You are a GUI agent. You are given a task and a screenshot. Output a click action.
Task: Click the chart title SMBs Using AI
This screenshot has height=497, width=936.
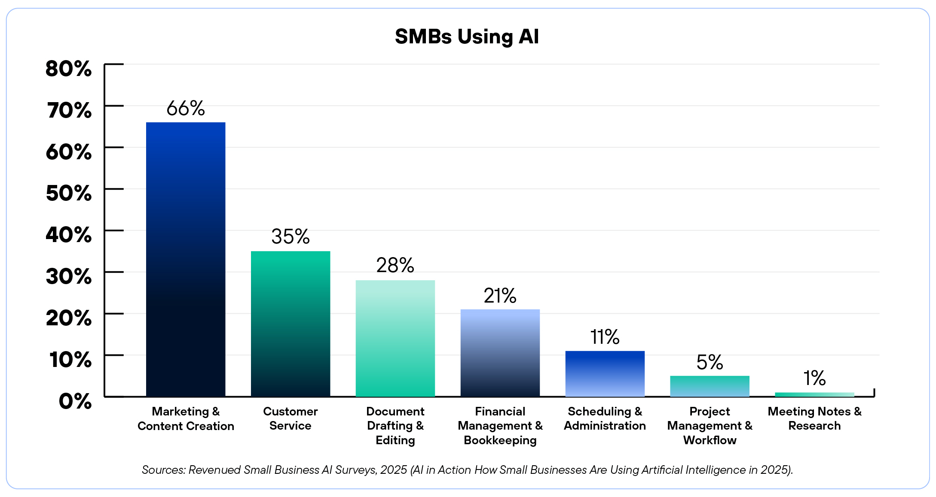(x=467, y=36)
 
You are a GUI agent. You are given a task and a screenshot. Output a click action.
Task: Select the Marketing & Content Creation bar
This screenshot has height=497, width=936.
(x=186, y=259)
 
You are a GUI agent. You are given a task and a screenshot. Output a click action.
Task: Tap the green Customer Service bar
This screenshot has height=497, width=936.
(x=291, y=324)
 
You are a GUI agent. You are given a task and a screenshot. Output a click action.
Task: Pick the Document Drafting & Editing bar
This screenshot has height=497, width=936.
(x=395, y=338)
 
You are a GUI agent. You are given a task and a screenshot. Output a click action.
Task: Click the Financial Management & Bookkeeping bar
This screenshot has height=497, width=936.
(x=500, y=353)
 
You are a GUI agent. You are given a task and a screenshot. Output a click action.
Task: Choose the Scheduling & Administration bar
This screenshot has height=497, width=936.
(x=605, y=373)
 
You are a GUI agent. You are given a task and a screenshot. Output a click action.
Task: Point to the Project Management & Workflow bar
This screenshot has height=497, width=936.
(x=710, y=386)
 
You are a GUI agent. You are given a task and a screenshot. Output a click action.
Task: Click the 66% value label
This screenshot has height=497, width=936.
(x=186, y=108)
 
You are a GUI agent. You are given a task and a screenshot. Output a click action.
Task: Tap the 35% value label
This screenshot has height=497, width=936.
(x=291, y=236)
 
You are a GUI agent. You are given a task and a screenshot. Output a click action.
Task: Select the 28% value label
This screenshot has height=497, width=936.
(x=395, y=265)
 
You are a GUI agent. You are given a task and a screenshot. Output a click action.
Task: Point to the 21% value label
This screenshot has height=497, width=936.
(x=500, y=295)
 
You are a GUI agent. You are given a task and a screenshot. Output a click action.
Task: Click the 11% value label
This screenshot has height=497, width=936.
(x=605, y=337)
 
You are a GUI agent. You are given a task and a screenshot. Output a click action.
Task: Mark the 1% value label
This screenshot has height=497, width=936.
(x=815, y=378)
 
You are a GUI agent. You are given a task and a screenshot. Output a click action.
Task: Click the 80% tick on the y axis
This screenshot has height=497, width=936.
(x=69, y=69)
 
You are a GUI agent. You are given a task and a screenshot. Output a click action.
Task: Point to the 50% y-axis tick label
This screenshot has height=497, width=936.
(x=69, y=193)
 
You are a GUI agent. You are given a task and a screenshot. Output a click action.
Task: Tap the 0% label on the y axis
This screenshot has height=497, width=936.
(x=75, y=401)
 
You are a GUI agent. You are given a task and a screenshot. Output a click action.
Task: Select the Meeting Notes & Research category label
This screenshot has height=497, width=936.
(x=815, y=418)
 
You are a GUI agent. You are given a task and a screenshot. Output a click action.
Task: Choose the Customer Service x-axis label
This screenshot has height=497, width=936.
(x=291, y=418)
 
